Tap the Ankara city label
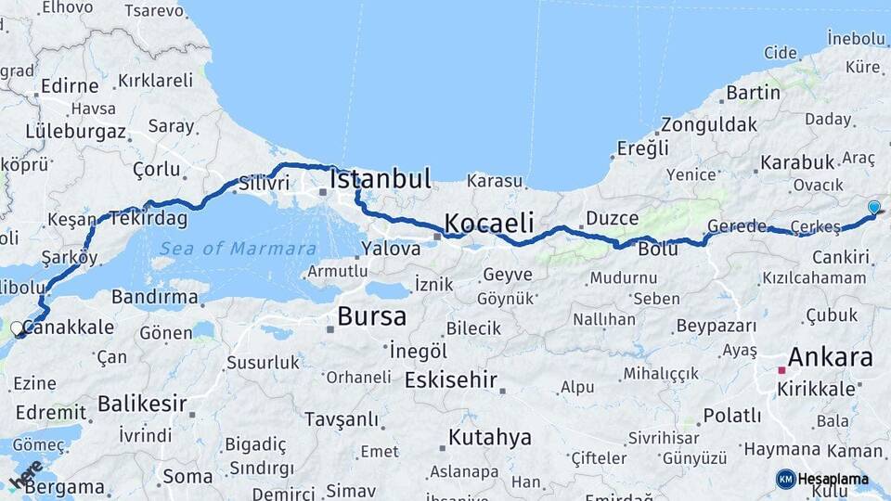pyautogui.click(x=830, y=357)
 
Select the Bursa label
pyautogui.click(x=371, y=316)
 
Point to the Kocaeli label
pyautogui.click(x=489, y=223)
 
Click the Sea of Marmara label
pyautogui.click(x=238, y=249)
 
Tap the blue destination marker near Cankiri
pyautogui.click(x=873, y=208)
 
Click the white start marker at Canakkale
pyautogui.click(x=17, y=328)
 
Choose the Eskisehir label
pyautogui.click(x=451, y=380)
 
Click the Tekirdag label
pyautogui.click(x=148, y=219)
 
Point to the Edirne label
pyautogui.click(x=68, y=85)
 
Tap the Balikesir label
pyautogui.click(x=142, y=404)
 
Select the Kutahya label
pyautogui.click(x=490, y=437)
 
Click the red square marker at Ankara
pyautogui.click(x=781, y=370)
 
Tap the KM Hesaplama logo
pyautogui.click(x=823, y=479)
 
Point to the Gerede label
pyautogui.click(x=737, y=226)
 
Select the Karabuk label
pyautogui.click(x=798, y=162)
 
